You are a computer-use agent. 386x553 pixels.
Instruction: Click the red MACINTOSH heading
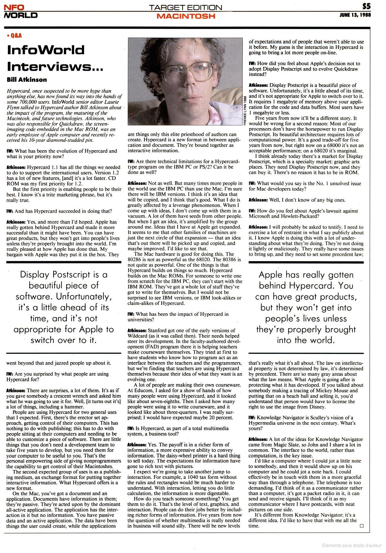coord(186,16)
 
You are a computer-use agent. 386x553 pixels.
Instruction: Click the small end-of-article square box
coord(362,526)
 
